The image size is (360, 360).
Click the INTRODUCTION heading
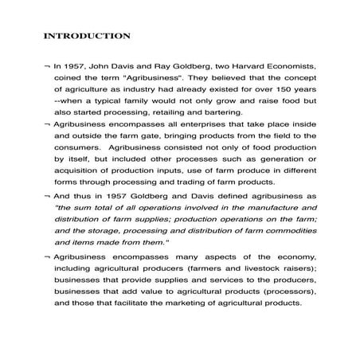pyautogui.click(x=86, y=36)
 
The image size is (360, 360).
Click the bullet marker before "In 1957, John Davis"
pyautogui.click(x=47, y=69)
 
